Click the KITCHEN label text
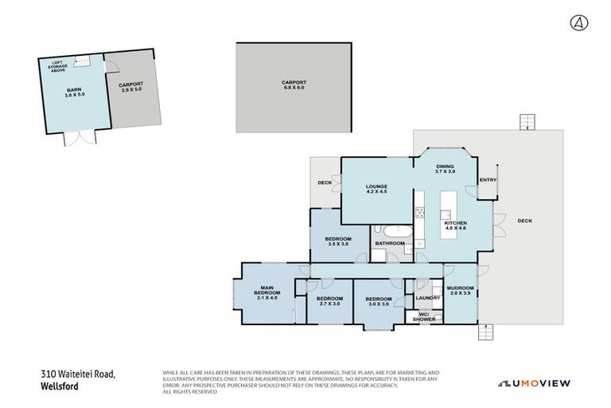tap(454, 224)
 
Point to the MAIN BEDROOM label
tap(267, 290)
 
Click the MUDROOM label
tap(460, 288)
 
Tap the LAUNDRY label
tap(427, 299)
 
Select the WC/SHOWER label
tap(426, 316)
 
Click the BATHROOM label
tap(390, 243)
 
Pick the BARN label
tap(73, 89)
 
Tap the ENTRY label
tap(487, 181)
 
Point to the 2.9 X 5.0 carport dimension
tap(130, 90)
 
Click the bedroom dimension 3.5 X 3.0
tap(339, 245)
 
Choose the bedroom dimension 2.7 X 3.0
tap(329, 304)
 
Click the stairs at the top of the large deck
tap(525, 122)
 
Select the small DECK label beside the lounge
tap(325, 182)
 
